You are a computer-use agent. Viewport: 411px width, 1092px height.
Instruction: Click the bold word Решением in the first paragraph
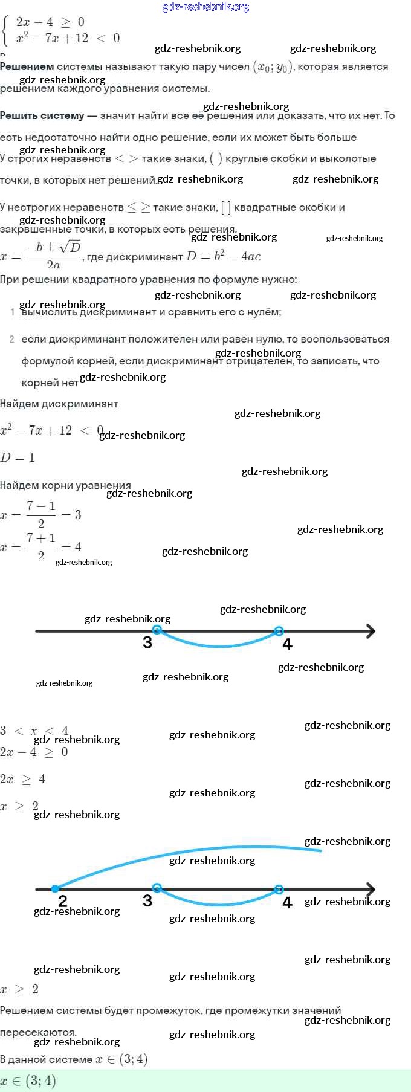tap(27, 67)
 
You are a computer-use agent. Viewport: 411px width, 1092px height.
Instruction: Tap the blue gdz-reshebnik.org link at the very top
tap(205, 7)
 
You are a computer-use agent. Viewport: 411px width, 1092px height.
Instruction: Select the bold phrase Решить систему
tap(42, 115)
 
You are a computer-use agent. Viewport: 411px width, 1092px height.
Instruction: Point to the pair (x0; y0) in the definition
tap(273, 67)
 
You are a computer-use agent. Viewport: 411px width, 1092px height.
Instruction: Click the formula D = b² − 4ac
tap(223, 256)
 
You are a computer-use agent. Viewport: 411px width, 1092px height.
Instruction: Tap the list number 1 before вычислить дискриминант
tap(13, 312)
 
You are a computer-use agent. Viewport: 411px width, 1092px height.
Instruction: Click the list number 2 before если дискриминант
tap(12, 339)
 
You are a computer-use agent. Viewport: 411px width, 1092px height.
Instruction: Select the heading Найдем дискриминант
tap(59, 404)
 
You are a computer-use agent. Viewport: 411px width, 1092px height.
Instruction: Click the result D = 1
tap(18, 457)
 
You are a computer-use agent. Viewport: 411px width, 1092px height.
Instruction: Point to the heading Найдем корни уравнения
tap(65, 485)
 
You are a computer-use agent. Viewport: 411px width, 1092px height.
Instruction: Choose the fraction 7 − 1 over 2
tap(41, 514)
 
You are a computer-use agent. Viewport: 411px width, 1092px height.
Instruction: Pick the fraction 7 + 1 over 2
tap(41, 545)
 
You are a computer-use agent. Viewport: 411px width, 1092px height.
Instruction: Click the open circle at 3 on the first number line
tap(157, 630)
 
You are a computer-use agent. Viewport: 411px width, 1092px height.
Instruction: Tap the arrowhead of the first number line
tap(370, 632)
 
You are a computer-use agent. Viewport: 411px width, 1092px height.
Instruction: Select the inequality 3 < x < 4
tap(34, 731)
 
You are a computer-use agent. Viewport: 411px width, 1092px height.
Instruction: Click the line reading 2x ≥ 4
tap(23, 780)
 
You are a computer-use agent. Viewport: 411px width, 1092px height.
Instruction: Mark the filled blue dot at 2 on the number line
tap(55, 889)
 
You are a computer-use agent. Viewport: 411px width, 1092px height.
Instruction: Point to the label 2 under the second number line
tap(62, 901)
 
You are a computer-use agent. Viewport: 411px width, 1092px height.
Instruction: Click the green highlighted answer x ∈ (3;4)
tap(28, 1081)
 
